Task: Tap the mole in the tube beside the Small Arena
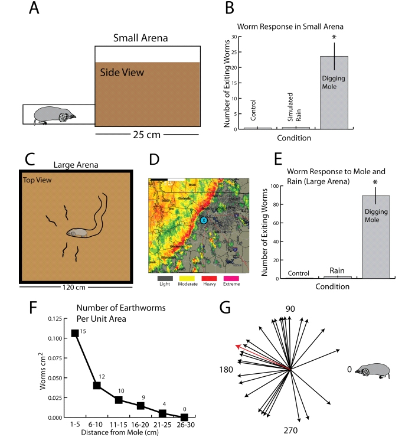click(53, 115)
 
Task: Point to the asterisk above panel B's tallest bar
click(334, 38)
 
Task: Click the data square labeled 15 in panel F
click(75, 349)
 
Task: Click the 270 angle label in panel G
click(290, 429)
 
